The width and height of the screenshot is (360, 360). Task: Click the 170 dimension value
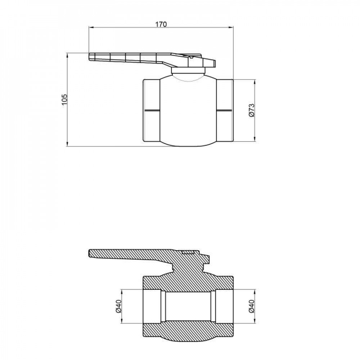click(x=161, y=24)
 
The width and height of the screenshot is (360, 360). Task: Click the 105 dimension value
click(x=64, y=100)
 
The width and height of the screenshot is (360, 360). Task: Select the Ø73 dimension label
click(x=252, y=110)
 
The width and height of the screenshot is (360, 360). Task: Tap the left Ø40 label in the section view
click(x=118, y=306)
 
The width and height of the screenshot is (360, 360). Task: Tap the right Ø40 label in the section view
click(x=252, y=306)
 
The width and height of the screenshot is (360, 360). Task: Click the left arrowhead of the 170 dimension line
click(x=91, y=27)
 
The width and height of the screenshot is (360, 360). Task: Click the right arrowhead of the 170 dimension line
click(x=231, y=27)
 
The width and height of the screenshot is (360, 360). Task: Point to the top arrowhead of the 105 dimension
click(x=67, y=55)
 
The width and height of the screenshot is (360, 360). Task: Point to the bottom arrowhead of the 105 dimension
click(x=67, y=145)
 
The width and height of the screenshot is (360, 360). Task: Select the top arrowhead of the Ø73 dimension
click(x=255, y=81)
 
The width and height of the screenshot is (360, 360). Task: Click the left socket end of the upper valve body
click(x=151, y=110)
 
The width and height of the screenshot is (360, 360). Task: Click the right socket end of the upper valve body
click(x=225, y=110)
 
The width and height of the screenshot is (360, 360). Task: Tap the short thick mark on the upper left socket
click(x=151, y=109)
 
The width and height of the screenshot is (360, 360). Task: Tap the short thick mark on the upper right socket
click(x=225, y=109)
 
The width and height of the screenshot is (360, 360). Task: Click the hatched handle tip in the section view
click(x=94, y=253)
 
